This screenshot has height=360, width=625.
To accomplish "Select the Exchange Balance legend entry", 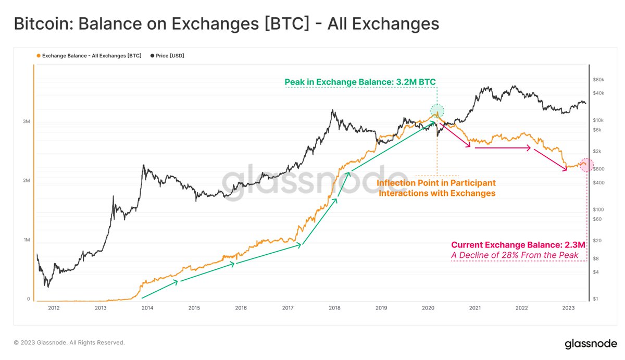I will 89,55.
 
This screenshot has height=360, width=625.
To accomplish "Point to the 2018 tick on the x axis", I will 334,308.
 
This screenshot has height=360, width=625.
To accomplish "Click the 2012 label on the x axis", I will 54,308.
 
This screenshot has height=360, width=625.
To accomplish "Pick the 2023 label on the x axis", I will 568,308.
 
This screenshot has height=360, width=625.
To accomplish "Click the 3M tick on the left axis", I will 26,121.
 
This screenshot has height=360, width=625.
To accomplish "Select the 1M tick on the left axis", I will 26,240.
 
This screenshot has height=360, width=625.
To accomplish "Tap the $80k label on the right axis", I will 598,80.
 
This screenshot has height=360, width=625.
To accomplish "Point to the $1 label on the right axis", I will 595,299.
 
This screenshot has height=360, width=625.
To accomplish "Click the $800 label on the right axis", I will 598,169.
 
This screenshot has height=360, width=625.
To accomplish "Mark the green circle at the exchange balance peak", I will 437,110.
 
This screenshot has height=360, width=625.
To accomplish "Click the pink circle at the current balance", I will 586,165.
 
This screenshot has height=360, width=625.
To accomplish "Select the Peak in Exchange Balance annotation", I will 360,82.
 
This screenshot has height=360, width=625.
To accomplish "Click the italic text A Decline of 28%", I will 515,255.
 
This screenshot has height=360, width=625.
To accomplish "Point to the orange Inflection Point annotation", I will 436,188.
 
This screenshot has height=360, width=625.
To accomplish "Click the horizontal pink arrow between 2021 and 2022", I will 503,148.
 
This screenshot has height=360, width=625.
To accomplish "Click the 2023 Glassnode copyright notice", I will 69,343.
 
